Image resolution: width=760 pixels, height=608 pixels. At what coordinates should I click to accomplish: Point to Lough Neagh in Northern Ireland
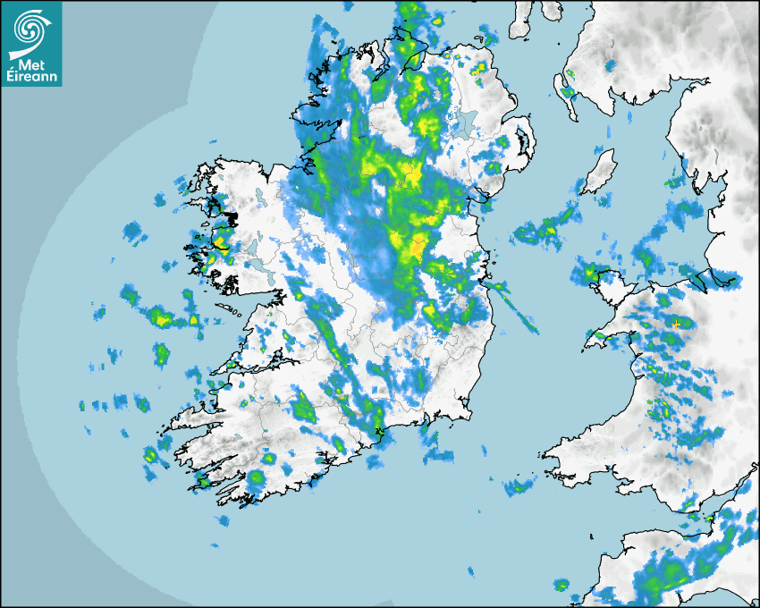coord(462,122)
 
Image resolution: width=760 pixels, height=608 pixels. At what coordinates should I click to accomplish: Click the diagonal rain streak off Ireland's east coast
coord(515,308)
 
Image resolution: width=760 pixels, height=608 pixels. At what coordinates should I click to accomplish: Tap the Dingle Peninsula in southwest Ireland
coord(183,421)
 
